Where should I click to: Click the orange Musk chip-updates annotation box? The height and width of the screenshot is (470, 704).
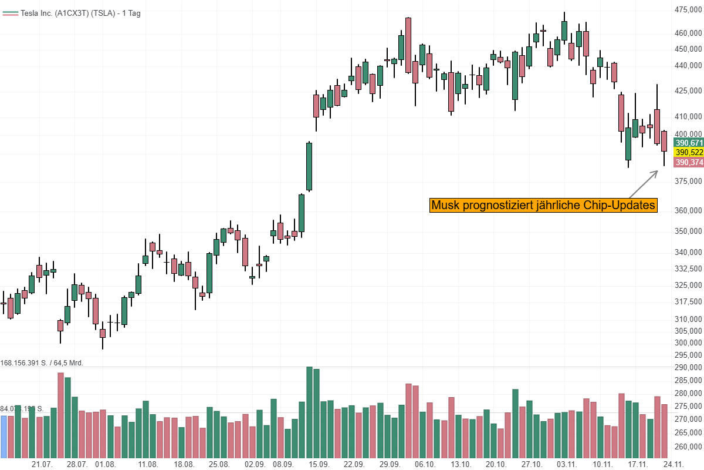point(543,206)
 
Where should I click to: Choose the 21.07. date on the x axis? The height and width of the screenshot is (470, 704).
point(42,464)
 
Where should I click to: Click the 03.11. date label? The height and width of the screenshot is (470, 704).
point(567,464)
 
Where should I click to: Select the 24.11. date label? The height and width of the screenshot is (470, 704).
point(672,464)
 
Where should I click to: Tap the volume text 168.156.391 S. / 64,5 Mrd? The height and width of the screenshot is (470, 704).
point(42,362)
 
